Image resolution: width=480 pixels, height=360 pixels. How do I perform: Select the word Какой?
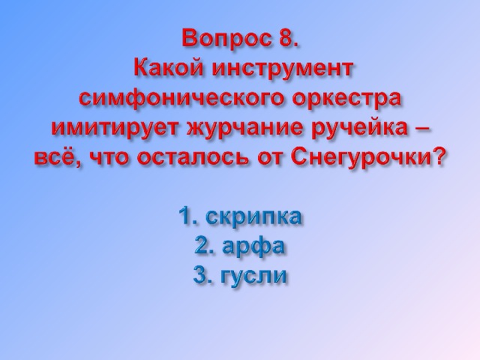[x=168, y=68]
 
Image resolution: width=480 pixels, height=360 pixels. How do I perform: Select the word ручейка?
[x=364, y=129]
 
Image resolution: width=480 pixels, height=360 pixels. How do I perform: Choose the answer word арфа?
[x=253, y=247]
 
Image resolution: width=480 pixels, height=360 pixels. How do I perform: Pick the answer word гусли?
[x=253, y=276]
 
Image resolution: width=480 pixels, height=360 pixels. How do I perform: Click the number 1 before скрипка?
[x=185, y=215]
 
